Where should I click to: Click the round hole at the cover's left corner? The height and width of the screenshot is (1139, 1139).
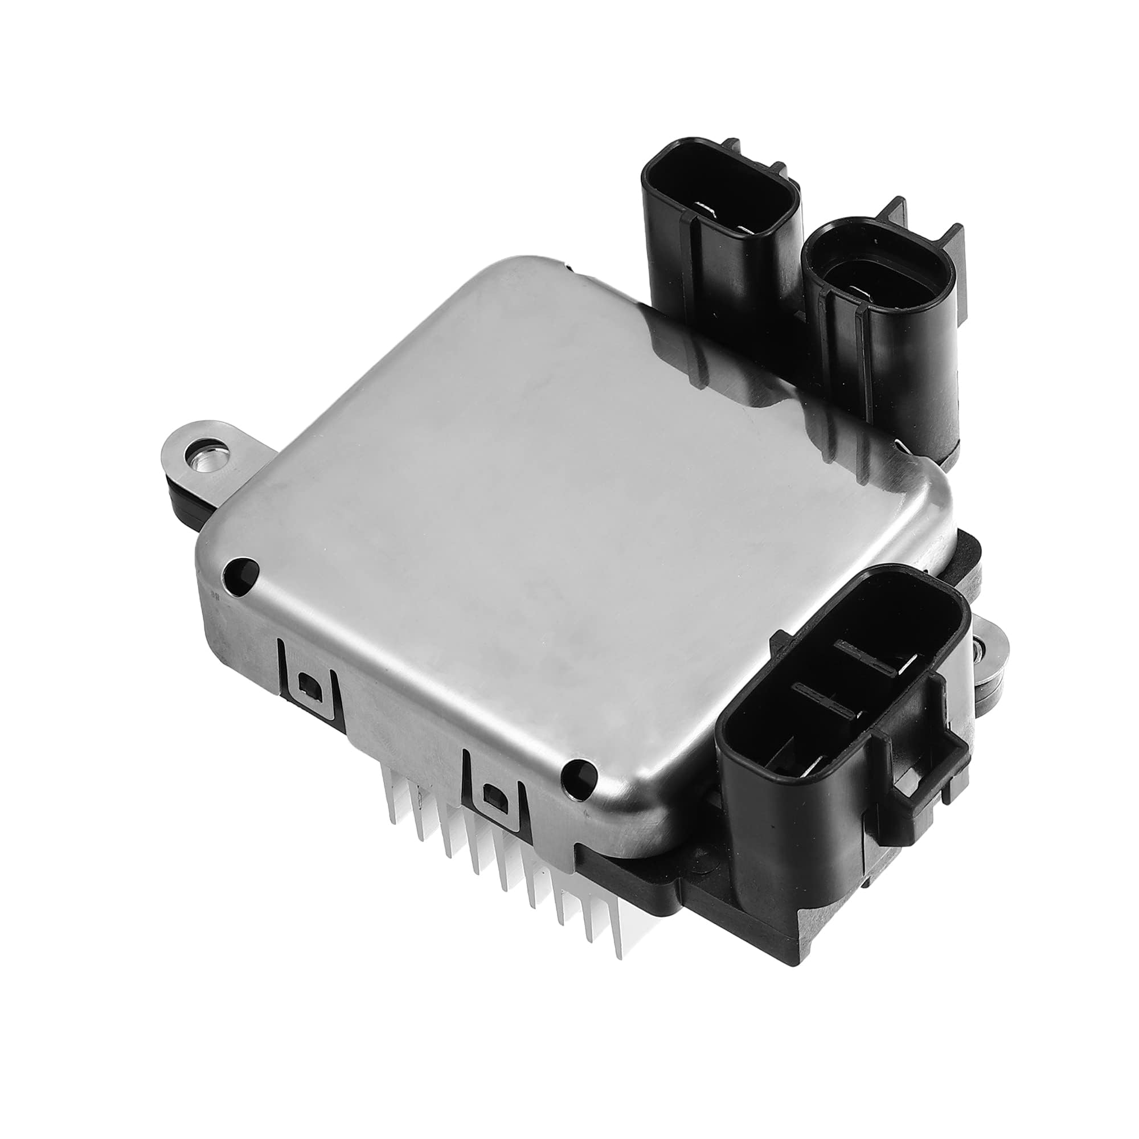tap(241, 569)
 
